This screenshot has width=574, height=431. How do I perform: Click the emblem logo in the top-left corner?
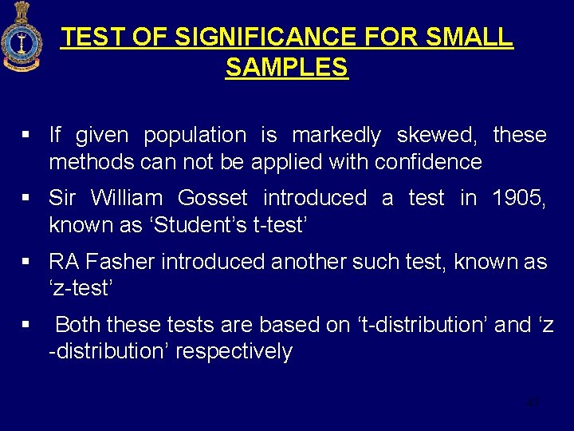(22, 38)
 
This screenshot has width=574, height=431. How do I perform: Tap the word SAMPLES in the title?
(287, 67)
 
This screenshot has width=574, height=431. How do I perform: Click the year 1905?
(519, 198)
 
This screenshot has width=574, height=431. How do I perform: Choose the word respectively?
(234, 352)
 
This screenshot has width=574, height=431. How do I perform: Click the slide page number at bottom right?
(533, 403)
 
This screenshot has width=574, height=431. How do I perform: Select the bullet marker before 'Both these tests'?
(27, 326)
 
